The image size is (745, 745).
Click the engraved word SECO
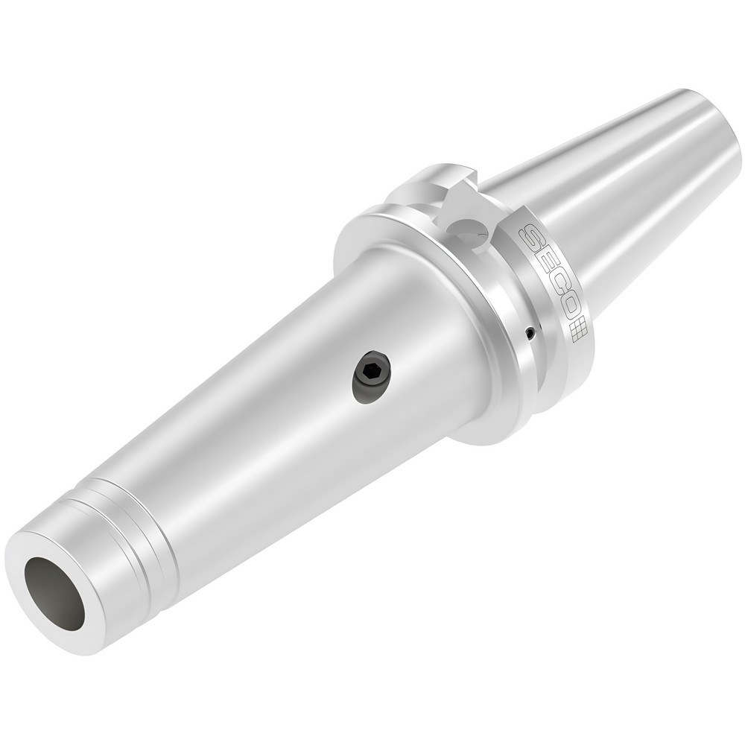pos(547,276)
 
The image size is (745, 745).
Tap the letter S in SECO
pos(530,240)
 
